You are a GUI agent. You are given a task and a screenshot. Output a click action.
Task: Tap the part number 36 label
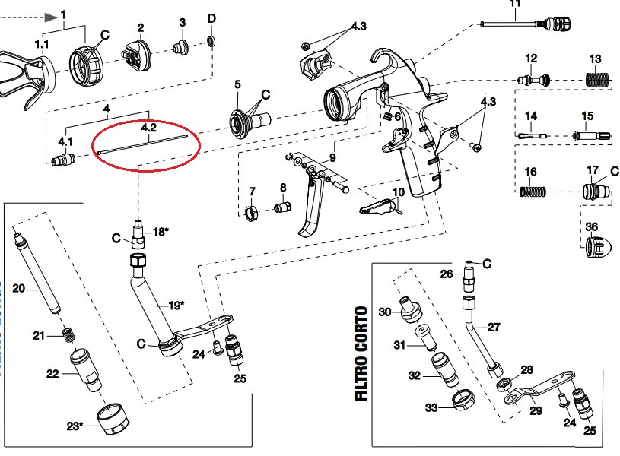coord(592,226)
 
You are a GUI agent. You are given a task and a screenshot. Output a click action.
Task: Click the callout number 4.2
coord(148,129)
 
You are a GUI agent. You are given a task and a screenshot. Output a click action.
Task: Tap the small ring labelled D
coord(211,40)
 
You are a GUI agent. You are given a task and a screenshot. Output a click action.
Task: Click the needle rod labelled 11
coord(533,25)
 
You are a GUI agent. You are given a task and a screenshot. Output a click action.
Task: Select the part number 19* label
coord(174,306)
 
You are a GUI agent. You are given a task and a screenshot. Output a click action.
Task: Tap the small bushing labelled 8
coord(283,206)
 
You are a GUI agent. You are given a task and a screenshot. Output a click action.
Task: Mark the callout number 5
coord(237,84)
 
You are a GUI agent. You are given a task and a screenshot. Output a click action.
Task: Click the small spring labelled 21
coord(68,334)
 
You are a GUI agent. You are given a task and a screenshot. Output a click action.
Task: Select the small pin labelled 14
coord(533,135)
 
